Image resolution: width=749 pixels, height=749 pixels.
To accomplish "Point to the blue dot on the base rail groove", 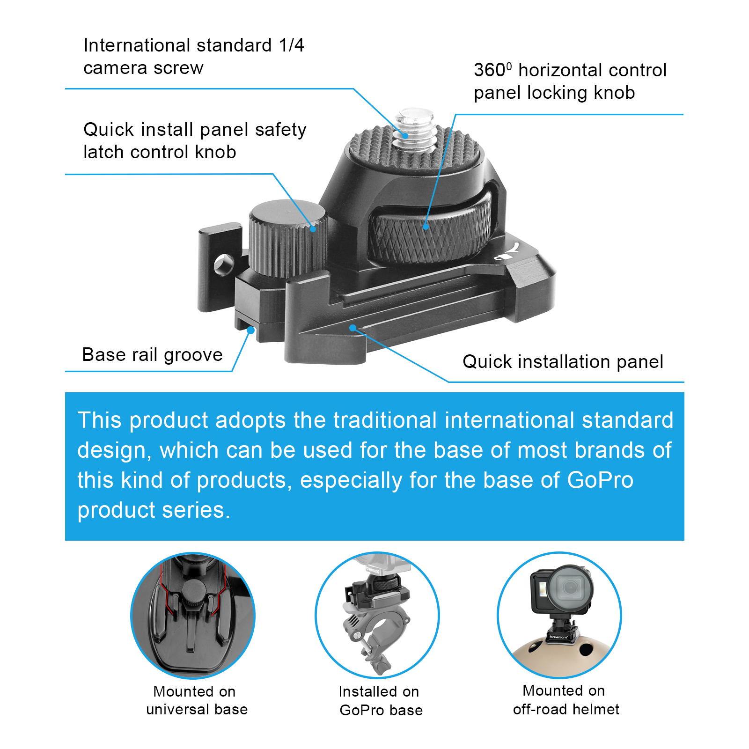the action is click(x=250, y=330).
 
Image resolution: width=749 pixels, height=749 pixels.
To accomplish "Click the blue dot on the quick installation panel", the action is click(x=353, y=328).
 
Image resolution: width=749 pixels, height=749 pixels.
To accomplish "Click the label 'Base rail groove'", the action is click(x=152, y=355).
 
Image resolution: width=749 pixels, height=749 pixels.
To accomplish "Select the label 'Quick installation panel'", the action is click(x=563, y=362).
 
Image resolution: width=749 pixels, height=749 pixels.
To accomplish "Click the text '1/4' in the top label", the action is click(x=292, y=45).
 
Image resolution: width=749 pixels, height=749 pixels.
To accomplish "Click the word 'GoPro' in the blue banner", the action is click(x=600, y=480).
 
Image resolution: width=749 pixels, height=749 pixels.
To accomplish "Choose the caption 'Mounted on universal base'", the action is click(x=197, y=700).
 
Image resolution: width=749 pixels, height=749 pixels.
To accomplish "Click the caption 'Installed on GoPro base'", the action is click(x=381, y=701).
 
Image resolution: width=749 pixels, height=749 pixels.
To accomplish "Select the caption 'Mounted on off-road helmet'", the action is click(x=565, y=700).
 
